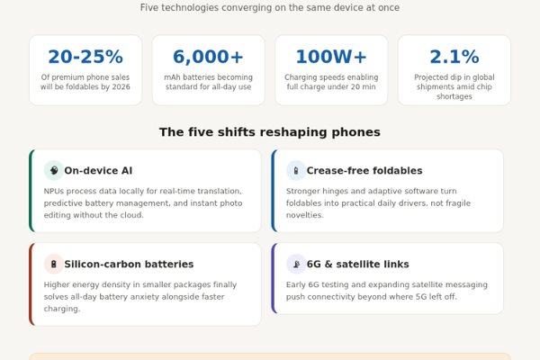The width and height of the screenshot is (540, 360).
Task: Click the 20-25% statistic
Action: (85, 57)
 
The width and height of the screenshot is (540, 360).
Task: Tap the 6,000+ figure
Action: (209, 57)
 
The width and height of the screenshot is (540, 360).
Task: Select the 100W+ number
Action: (331, 57)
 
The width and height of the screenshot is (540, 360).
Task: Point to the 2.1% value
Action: (454, 57)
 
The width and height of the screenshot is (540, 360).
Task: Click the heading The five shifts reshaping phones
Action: (270, 132)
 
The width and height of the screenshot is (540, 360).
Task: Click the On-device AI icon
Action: (54, 170)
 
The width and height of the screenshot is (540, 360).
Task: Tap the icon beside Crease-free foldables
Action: (296, 170)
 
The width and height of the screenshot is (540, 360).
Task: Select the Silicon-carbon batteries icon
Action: (54, 264)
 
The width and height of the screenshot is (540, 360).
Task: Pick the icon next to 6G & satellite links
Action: (296, 264)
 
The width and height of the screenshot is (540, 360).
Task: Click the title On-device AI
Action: (98, 170)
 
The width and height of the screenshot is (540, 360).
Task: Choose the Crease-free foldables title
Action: (364, 170)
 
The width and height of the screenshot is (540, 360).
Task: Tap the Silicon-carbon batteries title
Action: (129, 265)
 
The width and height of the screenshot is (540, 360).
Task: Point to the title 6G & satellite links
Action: (358, 265)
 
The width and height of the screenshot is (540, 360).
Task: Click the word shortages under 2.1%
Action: (454, 96)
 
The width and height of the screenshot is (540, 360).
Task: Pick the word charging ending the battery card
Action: (62, 309)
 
